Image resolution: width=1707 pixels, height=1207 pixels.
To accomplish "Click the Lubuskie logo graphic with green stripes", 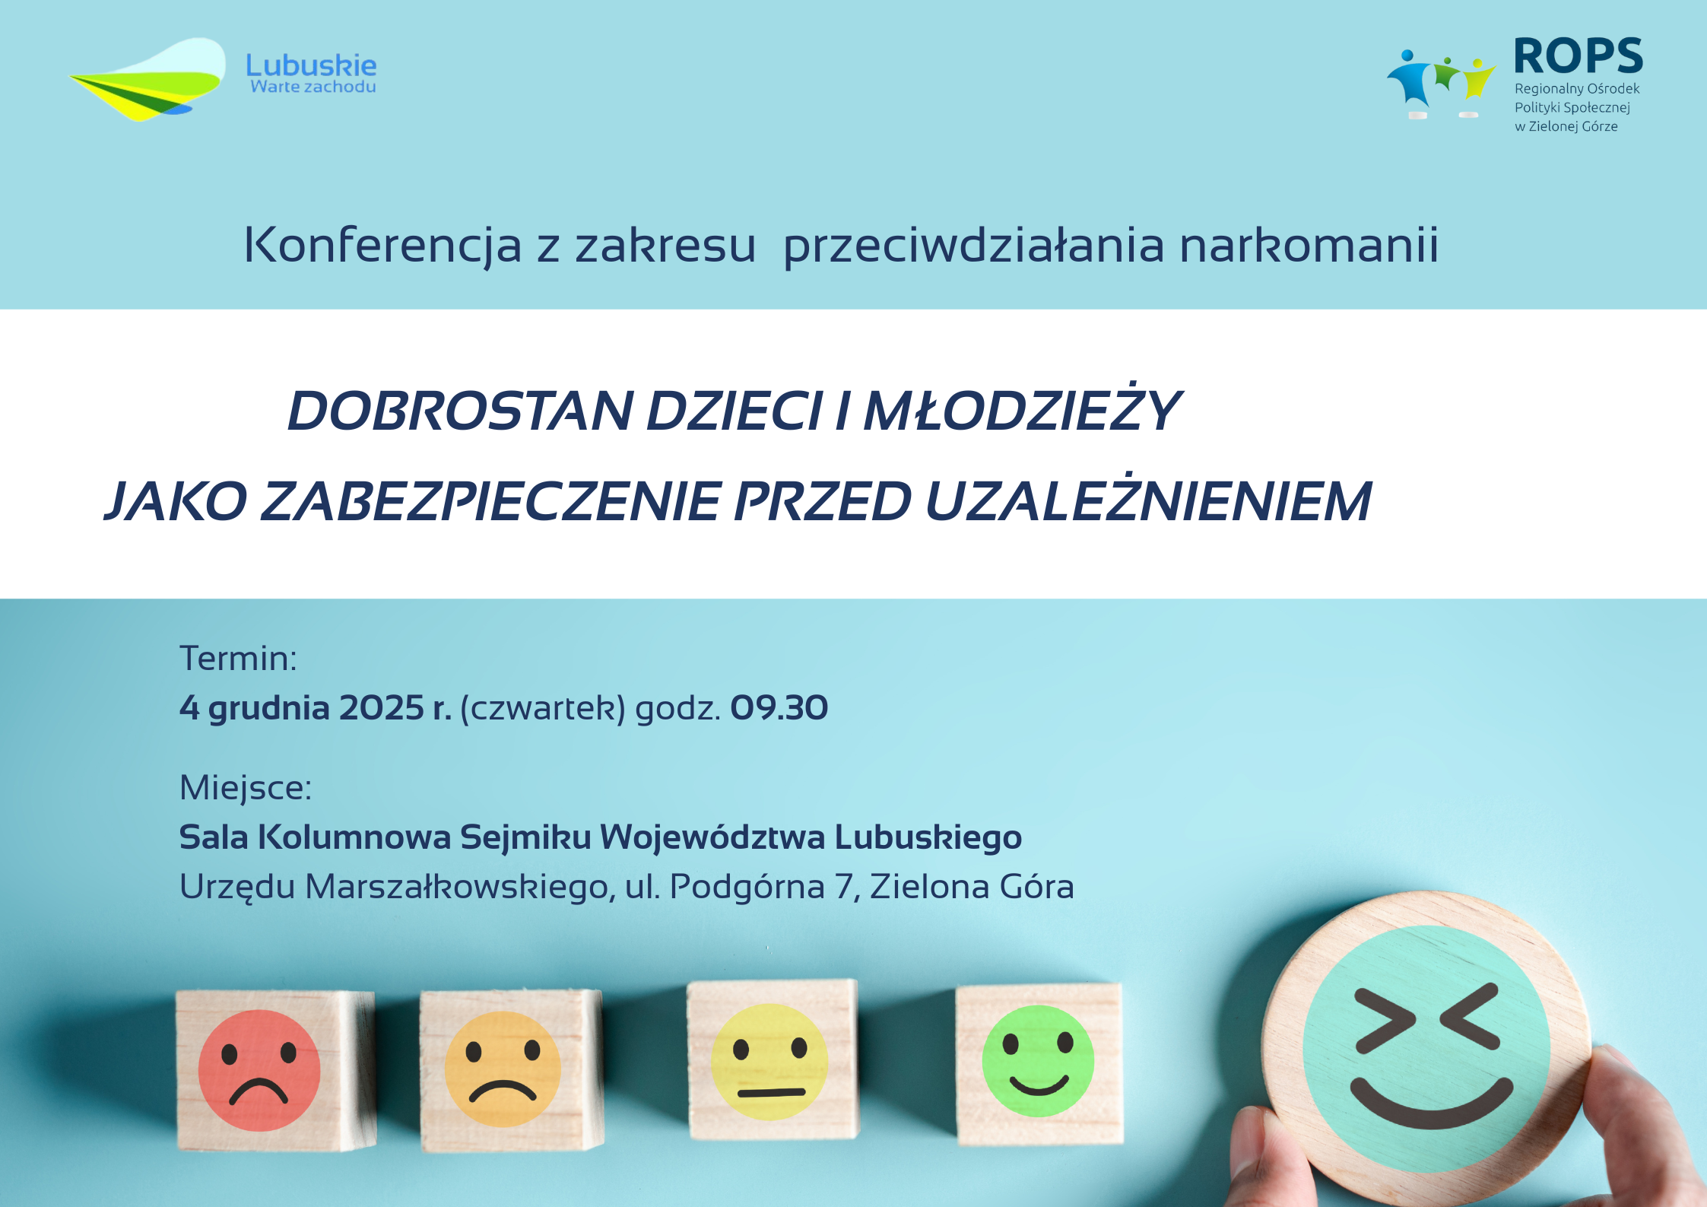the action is point(148,79).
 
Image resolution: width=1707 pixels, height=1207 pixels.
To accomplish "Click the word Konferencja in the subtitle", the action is point(382,246).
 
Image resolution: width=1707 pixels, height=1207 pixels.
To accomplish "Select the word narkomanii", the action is point(1309,245).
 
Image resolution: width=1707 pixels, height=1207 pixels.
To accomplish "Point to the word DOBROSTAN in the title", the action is point(461,411).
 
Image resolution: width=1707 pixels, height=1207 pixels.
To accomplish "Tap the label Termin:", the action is point(238,658).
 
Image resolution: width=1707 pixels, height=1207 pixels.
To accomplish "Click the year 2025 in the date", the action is point(381,708).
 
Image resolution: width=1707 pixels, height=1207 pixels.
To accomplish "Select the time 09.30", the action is point(779,708).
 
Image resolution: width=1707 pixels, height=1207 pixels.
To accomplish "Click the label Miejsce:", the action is point(246,788).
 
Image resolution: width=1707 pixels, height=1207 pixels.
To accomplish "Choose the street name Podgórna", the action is point(747,887).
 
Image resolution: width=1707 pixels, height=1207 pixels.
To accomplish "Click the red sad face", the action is point(259,1070).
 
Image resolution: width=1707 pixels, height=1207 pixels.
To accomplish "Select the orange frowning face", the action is point(503,1069).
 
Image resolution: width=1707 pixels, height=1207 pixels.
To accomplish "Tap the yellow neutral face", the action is point(769,1062).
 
